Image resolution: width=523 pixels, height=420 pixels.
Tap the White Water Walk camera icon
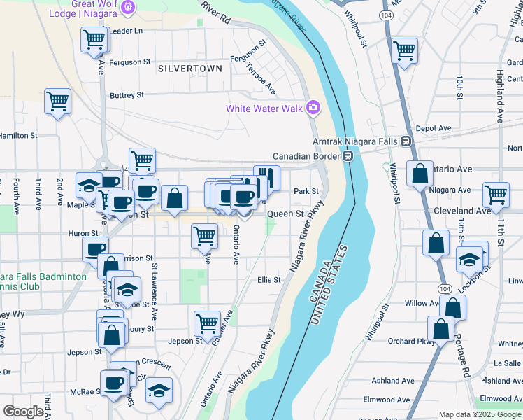pyautogui.click(x=312, y=108)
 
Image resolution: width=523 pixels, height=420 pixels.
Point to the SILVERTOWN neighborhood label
pyautogui.click(x=190, y=69)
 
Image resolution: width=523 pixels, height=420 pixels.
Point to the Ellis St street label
pyautogui.click(x=268, y=280)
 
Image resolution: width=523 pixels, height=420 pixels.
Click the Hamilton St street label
pyautogui.click(x=18, y=135)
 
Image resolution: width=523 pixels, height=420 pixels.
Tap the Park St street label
pyautogui.click(x=306, y=191)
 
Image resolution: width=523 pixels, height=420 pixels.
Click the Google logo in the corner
pyautogui.click(x=23, y=412)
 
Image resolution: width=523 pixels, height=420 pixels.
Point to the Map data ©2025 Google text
pyautogui.click(x=480, y=414)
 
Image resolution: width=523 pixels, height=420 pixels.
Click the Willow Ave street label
pyautogui.click(x=422, y=304)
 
